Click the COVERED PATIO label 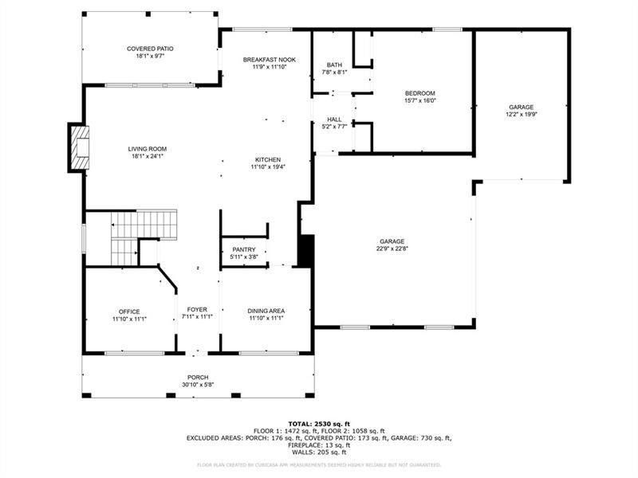pyautogui.click(x=150, y=49)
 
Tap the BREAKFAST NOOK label pyautogui.click(x=269, y=59)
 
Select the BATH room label pyautogui.click(x=334, y=65)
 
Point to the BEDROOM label pyautogui.click(x=420, y=93)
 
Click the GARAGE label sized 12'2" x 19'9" pyautogui.click(x=522, y=108)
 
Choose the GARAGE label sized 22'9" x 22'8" pyautogui.click(x=392, y=241)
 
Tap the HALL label pyautogui.click(x=334, y=119)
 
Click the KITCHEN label pyautogui.click(x=268, y=159)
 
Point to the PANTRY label pyautogui.click(x=244, y=249)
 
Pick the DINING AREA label pyautogui.click(x=266, y=311)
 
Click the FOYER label pyautogui.click(x=197, y=310)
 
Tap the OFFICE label pyautogui.click(x=129, y=311)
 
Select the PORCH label pyautogui.click(x=198, y=378)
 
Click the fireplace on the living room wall pyautogui.click(x=78, y=147)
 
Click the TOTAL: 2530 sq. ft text pyautogui.click(x=318, y=424)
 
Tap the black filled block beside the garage pyautogui.click(x=305, y=250)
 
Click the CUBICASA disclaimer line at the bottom pyautogui.click(x=318, y=464)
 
